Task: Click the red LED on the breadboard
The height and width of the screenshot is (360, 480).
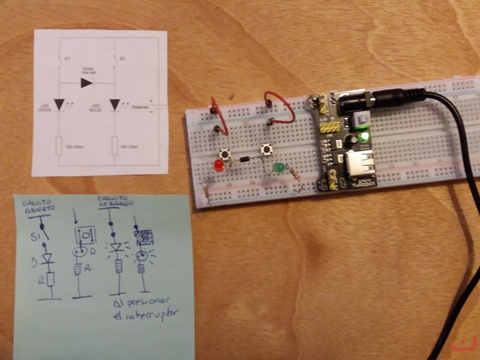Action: click(219, 167)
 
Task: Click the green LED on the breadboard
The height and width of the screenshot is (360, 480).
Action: click(279, 167)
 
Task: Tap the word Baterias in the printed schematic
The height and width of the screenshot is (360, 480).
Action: click(140, 107)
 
